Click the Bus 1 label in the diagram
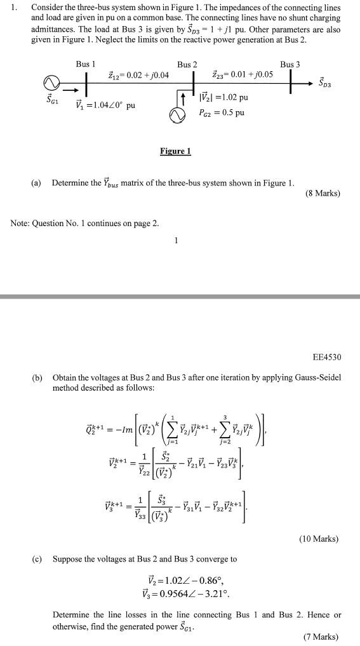[86, 64]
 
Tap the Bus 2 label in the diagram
[187, 65]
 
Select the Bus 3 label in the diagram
[290, 64]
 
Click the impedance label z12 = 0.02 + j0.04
[138, 76]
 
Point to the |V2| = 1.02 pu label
[223, 98]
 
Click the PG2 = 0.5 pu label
[222, 113]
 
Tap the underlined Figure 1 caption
[175, 151]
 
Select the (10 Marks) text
[320, 539]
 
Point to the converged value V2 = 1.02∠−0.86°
[186, 581]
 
